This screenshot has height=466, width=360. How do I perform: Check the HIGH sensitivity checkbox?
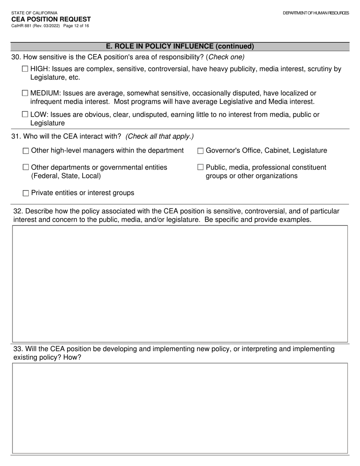tap(25, 69)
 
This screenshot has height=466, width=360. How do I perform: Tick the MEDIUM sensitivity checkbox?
tap(25, 93)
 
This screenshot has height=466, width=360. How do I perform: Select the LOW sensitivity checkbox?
tap(25, 114)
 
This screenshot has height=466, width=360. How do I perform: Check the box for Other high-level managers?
tap(26, 151)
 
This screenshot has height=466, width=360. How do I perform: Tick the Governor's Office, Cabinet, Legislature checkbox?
tap(200, 151)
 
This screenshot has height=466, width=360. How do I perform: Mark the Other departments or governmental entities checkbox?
tap(26, 167)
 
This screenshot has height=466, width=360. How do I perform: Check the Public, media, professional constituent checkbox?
tap(200, 167)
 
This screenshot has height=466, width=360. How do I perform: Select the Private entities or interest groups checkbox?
tap(26, 193)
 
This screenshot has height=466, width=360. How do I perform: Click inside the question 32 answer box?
tap(180, 284)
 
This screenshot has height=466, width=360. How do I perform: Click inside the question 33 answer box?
tap(180, 408)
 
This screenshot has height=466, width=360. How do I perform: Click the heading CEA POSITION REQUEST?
tap(51, 19)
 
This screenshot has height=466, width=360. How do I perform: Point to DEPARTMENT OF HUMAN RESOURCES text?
tap(316, 13)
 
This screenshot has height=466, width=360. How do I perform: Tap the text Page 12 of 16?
tap(76, 26)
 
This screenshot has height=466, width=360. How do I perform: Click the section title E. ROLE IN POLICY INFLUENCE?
tap(180, 47)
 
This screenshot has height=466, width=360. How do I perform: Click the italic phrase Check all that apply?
tap(160, 136)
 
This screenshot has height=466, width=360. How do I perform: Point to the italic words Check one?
tap(226, 57)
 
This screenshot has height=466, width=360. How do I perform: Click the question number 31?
tap(16, 136)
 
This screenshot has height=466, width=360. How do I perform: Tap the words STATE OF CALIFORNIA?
tap(34, 13)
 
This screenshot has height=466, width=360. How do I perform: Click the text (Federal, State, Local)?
tap(66, 176)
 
